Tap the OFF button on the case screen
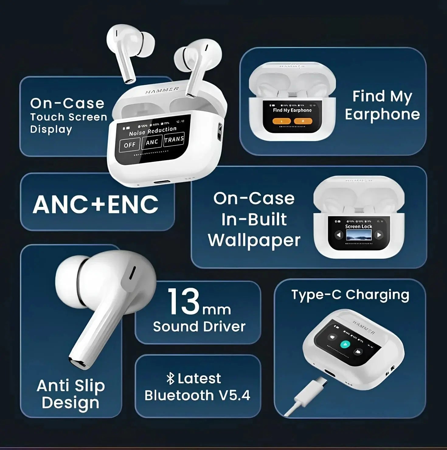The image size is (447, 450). coord(130,145)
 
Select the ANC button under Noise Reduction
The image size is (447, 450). coord(152,142)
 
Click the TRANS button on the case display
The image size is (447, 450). coord(174,140)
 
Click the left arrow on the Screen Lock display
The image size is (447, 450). coord(338,235)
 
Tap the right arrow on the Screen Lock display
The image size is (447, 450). coord(379,235)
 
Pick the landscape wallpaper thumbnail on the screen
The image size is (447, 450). coord(359,235)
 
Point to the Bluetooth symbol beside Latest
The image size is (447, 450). coord(171,379)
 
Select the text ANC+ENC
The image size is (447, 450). coord(95,205)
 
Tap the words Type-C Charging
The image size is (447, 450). coord(350,295)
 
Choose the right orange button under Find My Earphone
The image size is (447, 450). coord(303,121)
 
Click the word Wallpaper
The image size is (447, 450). coord(254,241)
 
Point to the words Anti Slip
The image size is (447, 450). coord(71,386)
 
